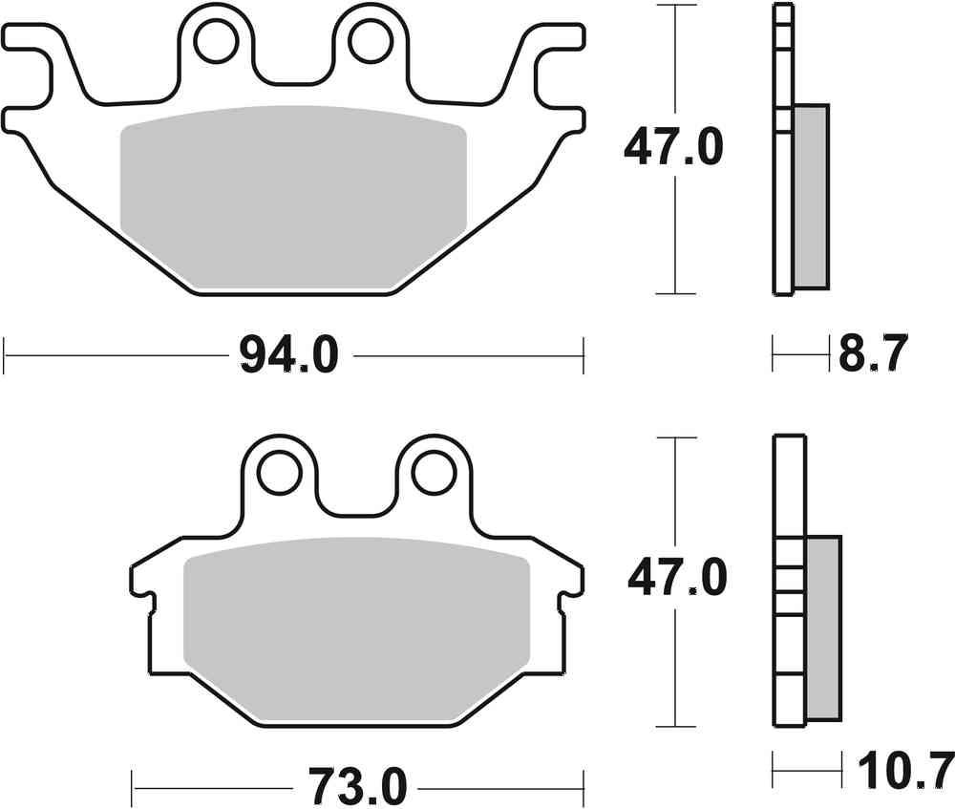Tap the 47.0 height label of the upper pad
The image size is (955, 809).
click(x=673, y=148)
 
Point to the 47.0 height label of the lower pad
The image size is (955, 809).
click(x=677, y=579)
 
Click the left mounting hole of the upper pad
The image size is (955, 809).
click(x=215, y=40)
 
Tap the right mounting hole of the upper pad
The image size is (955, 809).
click(x=367, y=40)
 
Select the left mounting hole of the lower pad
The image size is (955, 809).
click(x=280, y=471)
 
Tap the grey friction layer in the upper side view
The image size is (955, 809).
click(x=811, y=196)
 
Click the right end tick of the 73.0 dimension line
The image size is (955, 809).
click(x=584, y=789)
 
